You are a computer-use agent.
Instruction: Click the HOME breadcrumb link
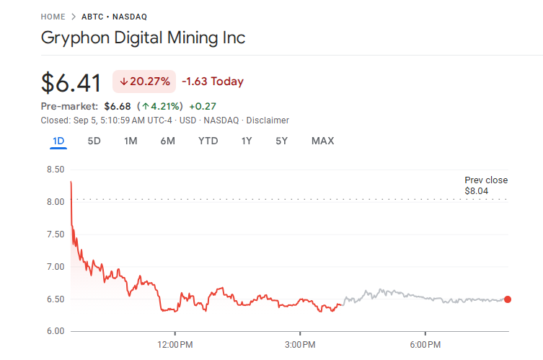point(53,16)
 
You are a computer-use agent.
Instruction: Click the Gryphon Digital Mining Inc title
point(143,38)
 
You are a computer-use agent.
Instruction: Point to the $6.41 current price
point(71,82)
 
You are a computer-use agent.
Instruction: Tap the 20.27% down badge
point(144,82)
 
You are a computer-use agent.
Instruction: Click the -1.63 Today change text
point(213,82)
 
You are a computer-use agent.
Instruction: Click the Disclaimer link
point(267,120)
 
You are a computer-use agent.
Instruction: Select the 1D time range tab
point(58,141)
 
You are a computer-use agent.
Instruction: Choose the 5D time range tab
point(94,141)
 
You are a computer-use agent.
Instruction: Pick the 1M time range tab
point(131,141)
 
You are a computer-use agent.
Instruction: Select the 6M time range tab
point(167,141)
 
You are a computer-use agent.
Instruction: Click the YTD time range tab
point(208,141)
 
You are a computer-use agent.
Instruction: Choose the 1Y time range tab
point(247,141)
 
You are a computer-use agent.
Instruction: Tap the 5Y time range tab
point(281,141)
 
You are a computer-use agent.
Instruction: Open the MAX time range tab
point(322,141)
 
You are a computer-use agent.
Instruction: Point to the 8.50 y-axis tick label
point(55,170)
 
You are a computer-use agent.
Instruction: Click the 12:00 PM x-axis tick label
point(176,345)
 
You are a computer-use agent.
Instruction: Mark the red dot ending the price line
point(508,299)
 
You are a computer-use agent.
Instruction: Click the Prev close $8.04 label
point(485,185)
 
